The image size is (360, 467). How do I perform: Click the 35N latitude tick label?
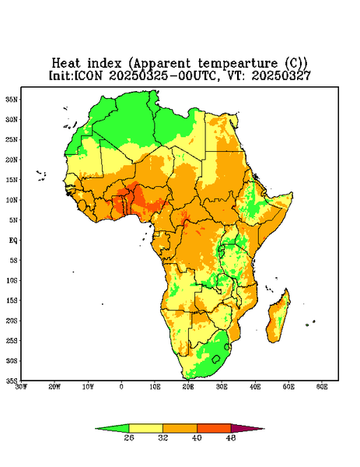click(x=12, y=100)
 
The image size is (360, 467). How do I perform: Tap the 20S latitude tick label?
click(x=12, y=321)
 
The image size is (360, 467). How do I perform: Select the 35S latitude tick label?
click(x=12, y=381)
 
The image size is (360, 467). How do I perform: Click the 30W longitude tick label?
click(x=21, y=387)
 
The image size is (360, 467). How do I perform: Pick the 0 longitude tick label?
click(x=121, y=387)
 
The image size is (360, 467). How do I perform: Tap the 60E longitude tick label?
click(x=322, y=387)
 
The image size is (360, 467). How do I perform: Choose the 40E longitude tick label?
click(x=255, y=387)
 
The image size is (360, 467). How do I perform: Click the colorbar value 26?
click(x=129, y=437)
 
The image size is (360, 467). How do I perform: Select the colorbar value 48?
click(x=231, y=437)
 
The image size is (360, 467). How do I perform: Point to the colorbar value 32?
click(x=163, y=437)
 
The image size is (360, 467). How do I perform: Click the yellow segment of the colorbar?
click(x=145, y=428)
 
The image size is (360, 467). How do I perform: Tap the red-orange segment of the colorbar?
click(x=214, y=428)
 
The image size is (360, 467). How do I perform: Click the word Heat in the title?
click(x=66, y=64)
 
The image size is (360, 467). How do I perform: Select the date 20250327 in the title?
click(x=281, y=75)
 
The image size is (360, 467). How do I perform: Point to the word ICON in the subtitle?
click(x=88, y=75)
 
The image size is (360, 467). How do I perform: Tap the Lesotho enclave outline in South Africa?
click(x=216, y=359)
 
